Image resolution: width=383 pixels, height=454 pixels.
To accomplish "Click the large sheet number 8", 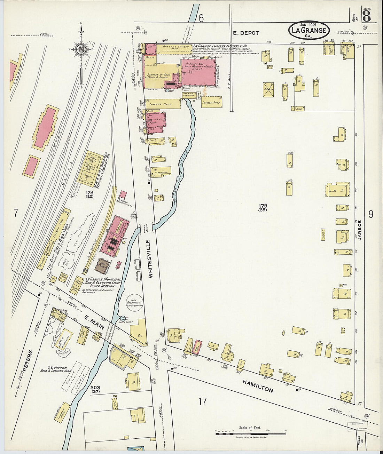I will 366,16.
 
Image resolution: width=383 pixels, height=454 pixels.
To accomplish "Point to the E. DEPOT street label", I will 246,33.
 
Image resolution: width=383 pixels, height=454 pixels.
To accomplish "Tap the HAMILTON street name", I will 258,386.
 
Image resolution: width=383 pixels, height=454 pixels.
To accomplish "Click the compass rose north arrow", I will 81,49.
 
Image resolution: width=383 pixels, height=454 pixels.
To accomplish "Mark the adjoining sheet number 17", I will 202,401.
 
